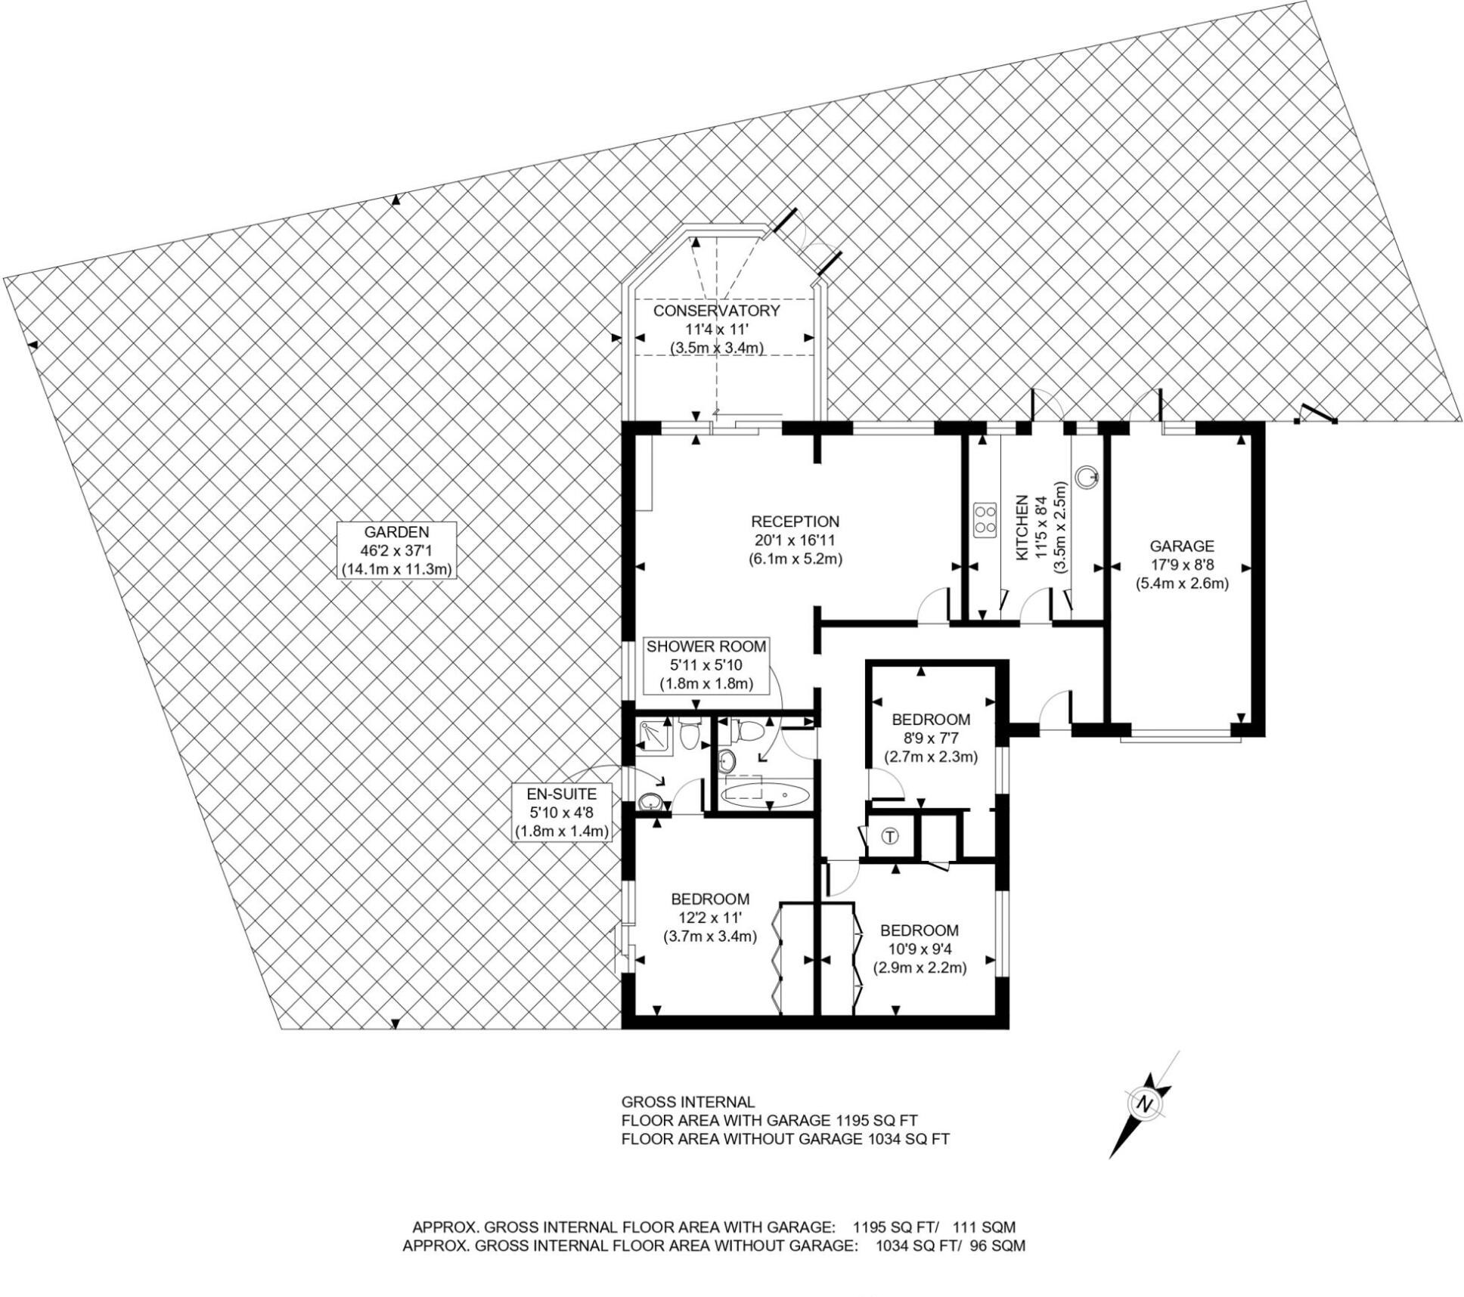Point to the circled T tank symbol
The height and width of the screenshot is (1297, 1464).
tap(891, 837)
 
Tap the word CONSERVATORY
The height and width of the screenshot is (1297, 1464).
tap(716, 311)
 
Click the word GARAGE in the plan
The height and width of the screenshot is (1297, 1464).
tap(1182, 546)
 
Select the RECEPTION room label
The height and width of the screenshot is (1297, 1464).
tap(795, 522)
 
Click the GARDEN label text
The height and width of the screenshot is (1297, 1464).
tap(397, 532)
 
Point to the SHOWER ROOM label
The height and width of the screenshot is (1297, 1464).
tap(706, 646)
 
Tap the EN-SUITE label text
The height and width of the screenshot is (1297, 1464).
tap(562, 794)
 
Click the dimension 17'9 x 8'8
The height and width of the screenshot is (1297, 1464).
tap(1182, 565)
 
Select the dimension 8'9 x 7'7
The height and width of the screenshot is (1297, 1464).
tap(931, 738)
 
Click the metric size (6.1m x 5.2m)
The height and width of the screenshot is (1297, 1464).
tap(795, 559)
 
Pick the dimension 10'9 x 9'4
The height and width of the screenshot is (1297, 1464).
tap(920, 949)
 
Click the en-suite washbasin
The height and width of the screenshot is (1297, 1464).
tap(650, 802)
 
